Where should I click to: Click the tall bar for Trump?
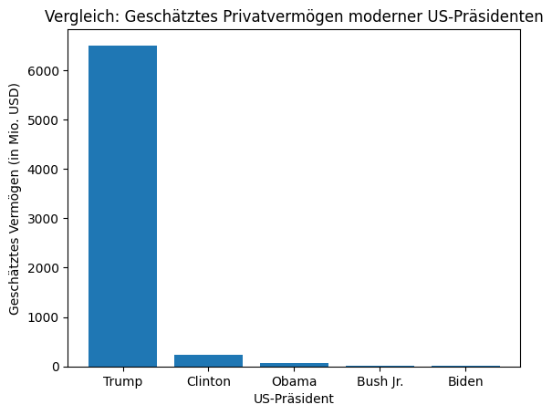pyautogui.click(x=122, y=205)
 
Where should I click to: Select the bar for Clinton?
pyautogui.click(x=208, y=360)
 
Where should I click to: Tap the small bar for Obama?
pyautogui.click(x=294, y=364)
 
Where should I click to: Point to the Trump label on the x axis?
pyautogui.click(x=122, y=381)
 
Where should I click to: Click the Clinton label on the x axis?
pyautogui.click(x=208, y=381)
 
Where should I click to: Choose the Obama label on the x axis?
pyautogui.click(x=294, y=381)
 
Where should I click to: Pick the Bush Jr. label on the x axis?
pyautogui.click(x=380, y=381)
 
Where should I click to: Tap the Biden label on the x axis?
pyautogui.click(x=465, y=381)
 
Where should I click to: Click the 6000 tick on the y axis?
pyautogui.click(x=51, y=71)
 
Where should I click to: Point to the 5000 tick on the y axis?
pyautogui.click(x=51, y=120)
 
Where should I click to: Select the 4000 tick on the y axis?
pyautogui.click(x=51, y=170)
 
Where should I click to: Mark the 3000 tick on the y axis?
pyautogui.click(x=51, y=219)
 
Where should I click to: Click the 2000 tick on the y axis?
pyautogui.click(x=51, y=268)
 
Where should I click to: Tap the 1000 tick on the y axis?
pyautogui.click(x=51, y=317)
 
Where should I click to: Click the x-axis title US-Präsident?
pyautogui.click(x=294, y=399)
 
